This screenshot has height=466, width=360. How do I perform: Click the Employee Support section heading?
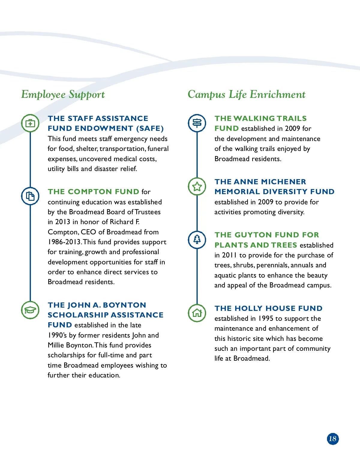click(x=63, y=95)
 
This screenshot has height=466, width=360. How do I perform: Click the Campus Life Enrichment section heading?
click(x=246, y=95)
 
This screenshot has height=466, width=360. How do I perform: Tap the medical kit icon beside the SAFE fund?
click(x=30, y=123)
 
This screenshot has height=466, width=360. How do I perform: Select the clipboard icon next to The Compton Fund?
click(x=30, y=196)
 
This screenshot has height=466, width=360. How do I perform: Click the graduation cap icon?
click(x=30, y=310)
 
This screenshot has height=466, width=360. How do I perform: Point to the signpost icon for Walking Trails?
click(x=197, y=123)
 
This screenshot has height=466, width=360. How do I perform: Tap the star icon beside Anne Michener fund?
click(x=197, y=186)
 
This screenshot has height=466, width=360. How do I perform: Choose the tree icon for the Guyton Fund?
click(x=197, y=239)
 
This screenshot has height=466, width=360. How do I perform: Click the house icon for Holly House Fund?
click(x=197, y=313)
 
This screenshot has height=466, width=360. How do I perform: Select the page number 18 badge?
click(x=333, y=439)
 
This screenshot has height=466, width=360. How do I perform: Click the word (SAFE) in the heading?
click(x=150, y=128)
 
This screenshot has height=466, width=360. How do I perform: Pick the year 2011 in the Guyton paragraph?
click(x=229, y=255)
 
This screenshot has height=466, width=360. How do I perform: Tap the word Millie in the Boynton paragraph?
click(x=55, y=345)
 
